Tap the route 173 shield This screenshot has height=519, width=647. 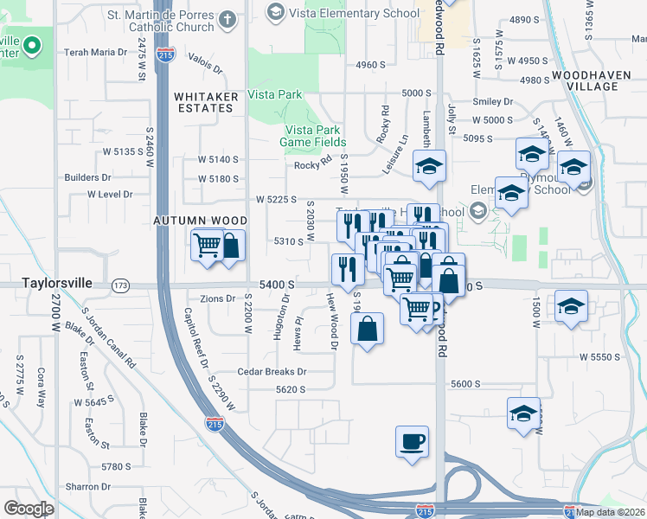[x=120, y=285]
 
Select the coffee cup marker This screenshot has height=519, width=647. [x=412, y=441]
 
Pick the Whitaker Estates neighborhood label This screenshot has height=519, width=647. [x=204, y=102]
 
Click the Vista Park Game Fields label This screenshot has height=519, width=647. [x=312, y=136]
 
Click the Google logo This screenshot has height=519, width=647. [x=29, y=509]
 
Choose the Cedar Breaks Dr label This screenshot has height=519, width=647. [x=276, y=372]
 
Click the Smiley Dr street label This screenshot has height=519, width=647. [x=493, y=101]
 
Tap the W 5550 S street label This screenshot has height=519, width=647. [x=602, y=356]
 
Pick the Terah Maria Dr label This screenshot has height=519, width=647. [x=96, y=53]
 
